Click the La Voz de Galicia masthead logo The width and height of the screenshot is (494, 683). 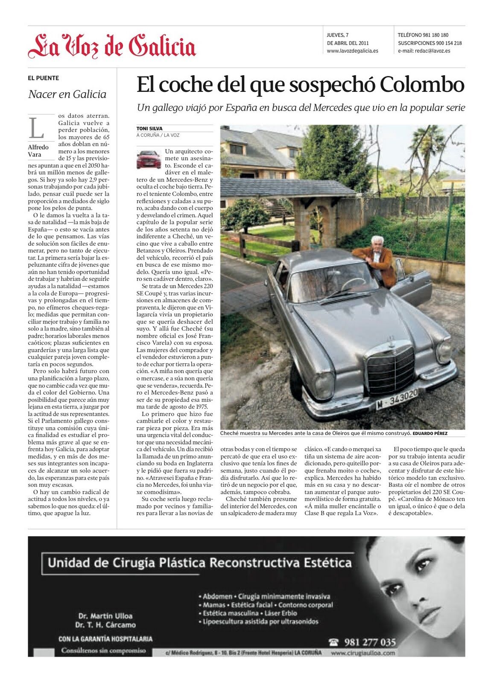[x=112, y=47]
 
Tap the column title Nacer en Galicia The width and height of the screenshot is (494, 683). [x=67, y=94]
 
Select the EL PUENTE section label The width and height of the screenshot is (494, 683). [x=44, y=78]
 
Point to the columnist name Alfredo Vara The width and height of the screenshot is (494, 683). [x=38, y=151]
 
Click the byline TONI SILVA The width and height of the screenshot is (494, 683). [x=149, y=128]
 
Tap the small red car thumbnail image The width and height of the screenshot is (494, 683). [x=148, y=159]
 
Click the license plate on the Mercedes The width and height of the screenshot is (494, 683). [x=397, y=399]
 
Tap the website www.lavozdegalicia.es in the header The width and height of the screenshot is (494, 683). [x=352, y=51]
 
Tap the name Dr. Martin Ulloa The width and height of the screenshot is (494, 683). [x=105, y=616]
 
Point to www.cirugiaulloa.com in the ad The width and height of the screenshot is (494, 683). [x=362, y=653]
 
